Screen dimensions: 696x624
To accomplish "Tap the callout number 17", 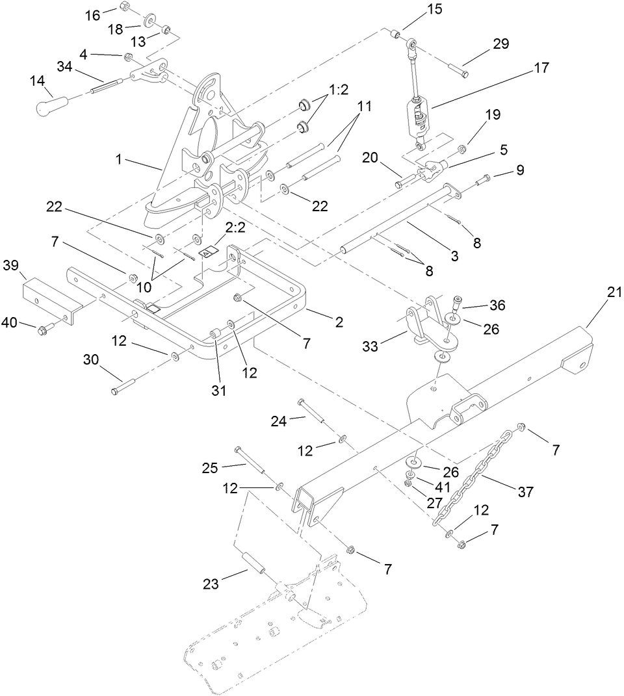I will point(541,68).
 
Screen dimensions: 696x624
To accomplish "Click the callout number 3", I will point(455,255).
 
